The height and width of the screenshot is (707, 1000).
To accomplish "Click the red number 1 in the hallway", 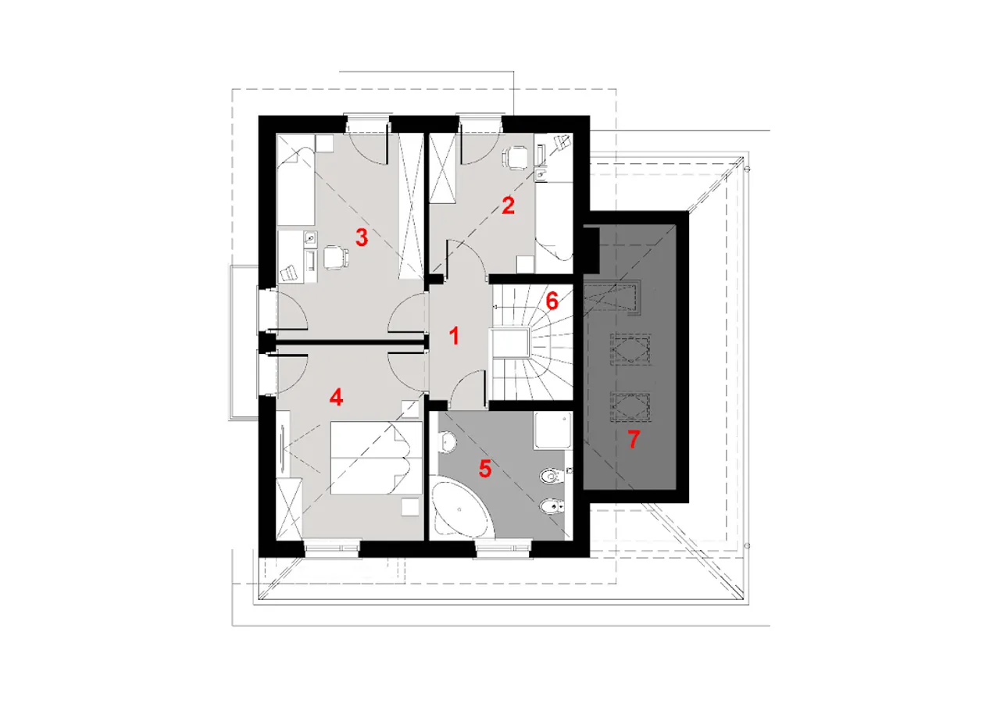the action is pyautogui.click(x=454, y=336).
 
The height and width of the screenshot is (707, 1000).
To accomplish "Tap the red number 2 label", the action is pyautogui.click(x=508, y=205).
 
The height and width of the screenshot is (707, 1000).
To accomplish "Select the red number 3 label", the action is pyautogui.click(x=362, y=237).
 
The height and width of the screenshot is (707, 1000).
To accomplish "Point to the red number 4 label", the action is pyautogui.click(x=336, y=397).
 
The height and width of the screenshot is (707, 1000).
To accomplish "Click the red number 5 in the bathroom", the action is pyautogui.click(x=485, y=469).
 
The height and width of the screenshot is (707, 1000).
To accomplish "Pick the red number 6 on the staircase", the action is pyautogui.click(x=552, y=302).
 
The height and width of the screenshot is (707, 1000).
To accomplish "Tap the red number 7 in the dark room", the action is pyautogui.click(x=634, y=439).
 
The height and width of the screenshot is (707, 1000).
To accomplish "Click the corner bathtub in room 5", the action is pyautogui.click(x=460, y=508).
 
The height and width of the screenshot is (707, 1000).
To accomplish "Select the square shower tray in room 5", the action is pyautogui.click(x=552, y=430).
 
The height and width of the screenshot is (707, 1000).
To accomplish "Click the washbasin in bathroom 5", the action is pyautogui.click(x=448, y=442).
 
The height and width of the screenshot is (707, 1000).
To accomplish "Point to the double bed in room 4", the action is pyautogui.click(x=376, y=458).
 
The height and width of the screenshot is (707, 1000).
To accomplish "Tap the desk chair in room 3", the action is pyautogui.click(x=335, y=258).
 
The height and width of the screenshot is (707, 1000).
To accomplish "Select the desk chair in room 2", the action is pyautogui.click(x=516, y=158).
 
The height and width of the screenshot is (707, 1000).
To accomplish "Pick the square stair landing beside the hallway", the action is pyautogui.click(x=510, y=343).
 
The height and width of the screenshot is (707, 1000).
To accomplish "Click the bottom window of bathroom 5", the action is pyautogui.click(x=503, y=548).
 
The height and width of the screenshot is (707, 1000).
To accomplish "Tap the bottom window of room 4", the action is pyautogui.click(x=332, y=548).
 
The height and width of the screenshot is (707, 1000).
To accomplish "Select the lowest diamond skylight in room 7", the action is pyautogui.click(x=630, y=406).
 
